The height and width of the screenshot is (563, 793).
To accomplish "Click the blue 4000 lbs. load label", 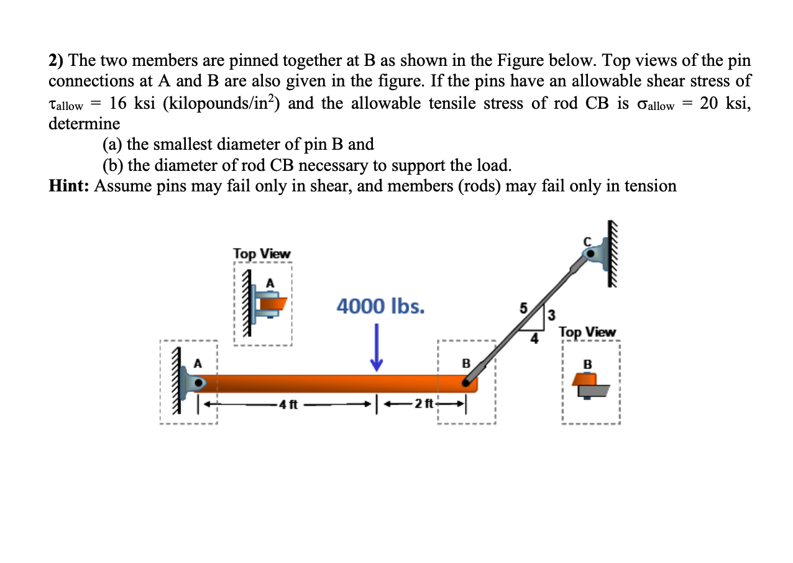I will pos(380,306).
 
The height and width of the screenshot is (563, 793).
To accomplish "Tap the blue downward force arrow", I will pos(376,355).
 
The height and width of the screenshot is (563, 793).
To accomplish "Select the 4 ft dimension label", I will pos(288,405).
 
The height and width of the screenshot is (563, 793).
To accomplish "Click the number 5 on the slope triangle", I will pos(523,308).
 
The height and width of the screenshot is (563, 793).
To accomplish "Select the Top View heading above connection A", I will pos(262,254).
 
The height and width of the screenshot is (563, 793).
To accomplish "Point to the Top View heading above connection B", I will pos(587,332).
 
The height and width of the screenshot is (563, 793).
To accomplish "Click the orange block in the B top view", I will pos(584,379).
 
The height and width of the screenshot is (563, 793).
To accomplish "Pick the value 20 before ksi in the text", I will pos(709,103).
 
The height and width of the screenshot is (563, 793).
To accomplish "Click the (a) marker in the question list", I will pos(112,144).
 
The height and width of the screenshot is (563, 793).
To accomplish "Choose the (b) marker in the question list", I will pos(112,165).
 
